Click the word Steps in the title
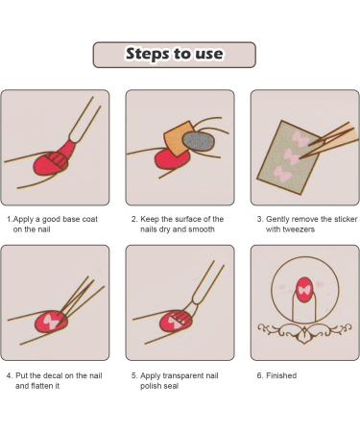[x=148, y=54]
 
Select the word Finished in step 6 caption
[x=281, y=375]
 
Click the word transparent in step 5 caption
[x=183, y=375]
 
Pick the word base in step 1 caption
[x=71, y=219]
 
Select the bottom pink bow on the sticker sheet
[x=283, y=174]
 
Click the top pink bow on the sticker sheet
[x=300, y=138]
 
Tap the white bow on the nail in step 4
[x=51, y=321]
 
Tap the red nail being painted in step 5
[x=175, y=321]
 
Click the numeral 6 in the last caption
[x=259, y=375]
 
